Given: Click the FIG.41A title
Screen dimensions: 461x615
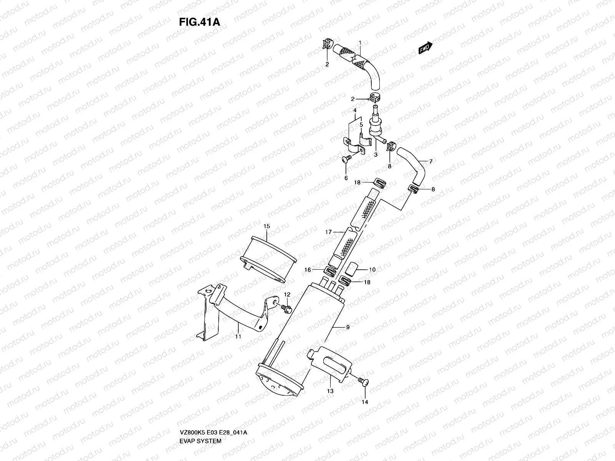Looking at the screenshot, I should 199,22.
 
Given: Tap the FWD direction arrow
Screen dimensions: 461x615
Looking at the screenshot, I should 426,48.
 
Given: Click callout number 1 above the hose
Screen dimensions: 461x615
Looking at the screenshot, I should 360,42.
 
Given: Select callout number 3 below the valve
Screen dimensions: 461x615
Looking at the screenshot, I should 376,154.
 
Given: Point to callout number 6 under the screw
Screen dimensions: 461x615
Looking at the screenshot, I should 346,178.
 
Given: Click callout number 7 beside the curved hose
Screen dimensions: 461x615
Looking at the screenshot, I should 431,162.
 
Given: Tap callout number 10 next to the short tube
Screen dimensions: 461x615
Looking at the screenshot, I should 372,270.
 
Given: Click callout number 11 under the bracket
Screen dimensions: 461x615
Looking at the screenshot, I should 238,337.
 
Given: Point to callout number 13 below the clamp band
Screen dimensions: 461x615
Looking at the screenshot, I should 330,391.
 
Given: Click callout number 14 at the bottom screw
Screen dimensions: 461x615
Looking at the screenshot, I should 365,402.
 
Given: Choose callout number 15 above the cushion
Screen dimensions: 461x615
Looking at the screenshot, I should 266,226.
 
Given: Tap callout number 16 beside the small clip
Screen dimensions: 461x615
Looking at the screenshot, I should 307,270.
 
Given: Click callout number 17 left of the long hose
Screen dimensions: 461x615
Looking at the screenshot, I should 328,232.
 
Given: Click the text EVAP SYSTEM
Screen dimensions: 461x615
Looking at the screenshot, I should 200,408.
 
